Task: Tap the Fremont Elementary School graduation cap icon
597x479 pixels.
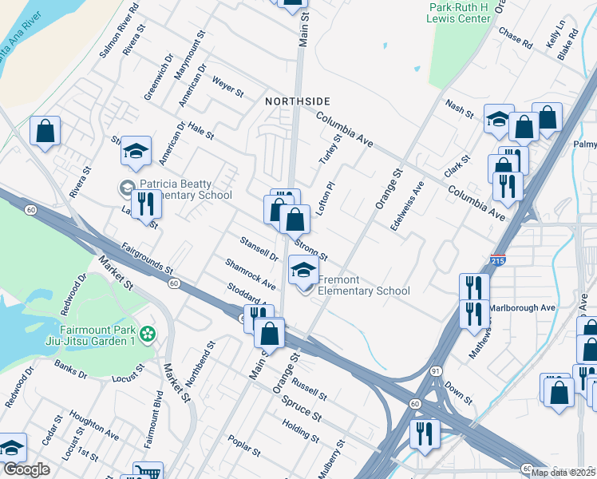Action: click(302, 270)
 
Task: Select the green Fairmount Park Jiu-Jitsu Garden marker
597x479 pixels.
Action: click(146, 333)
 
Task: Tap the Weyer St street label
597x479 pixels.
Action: click(227, 86)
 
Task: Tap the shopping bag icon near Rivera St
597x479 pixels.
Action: click(45, 131)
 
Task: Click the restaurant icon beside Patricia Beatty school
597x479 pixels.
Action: click(145, 204)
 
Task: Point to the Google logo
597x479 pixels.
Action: click(27, 469)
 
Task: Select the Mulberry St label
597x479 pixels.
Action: click(333, 457)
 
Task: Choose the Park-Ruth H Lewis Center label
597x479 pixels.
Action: click(459, 13)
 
